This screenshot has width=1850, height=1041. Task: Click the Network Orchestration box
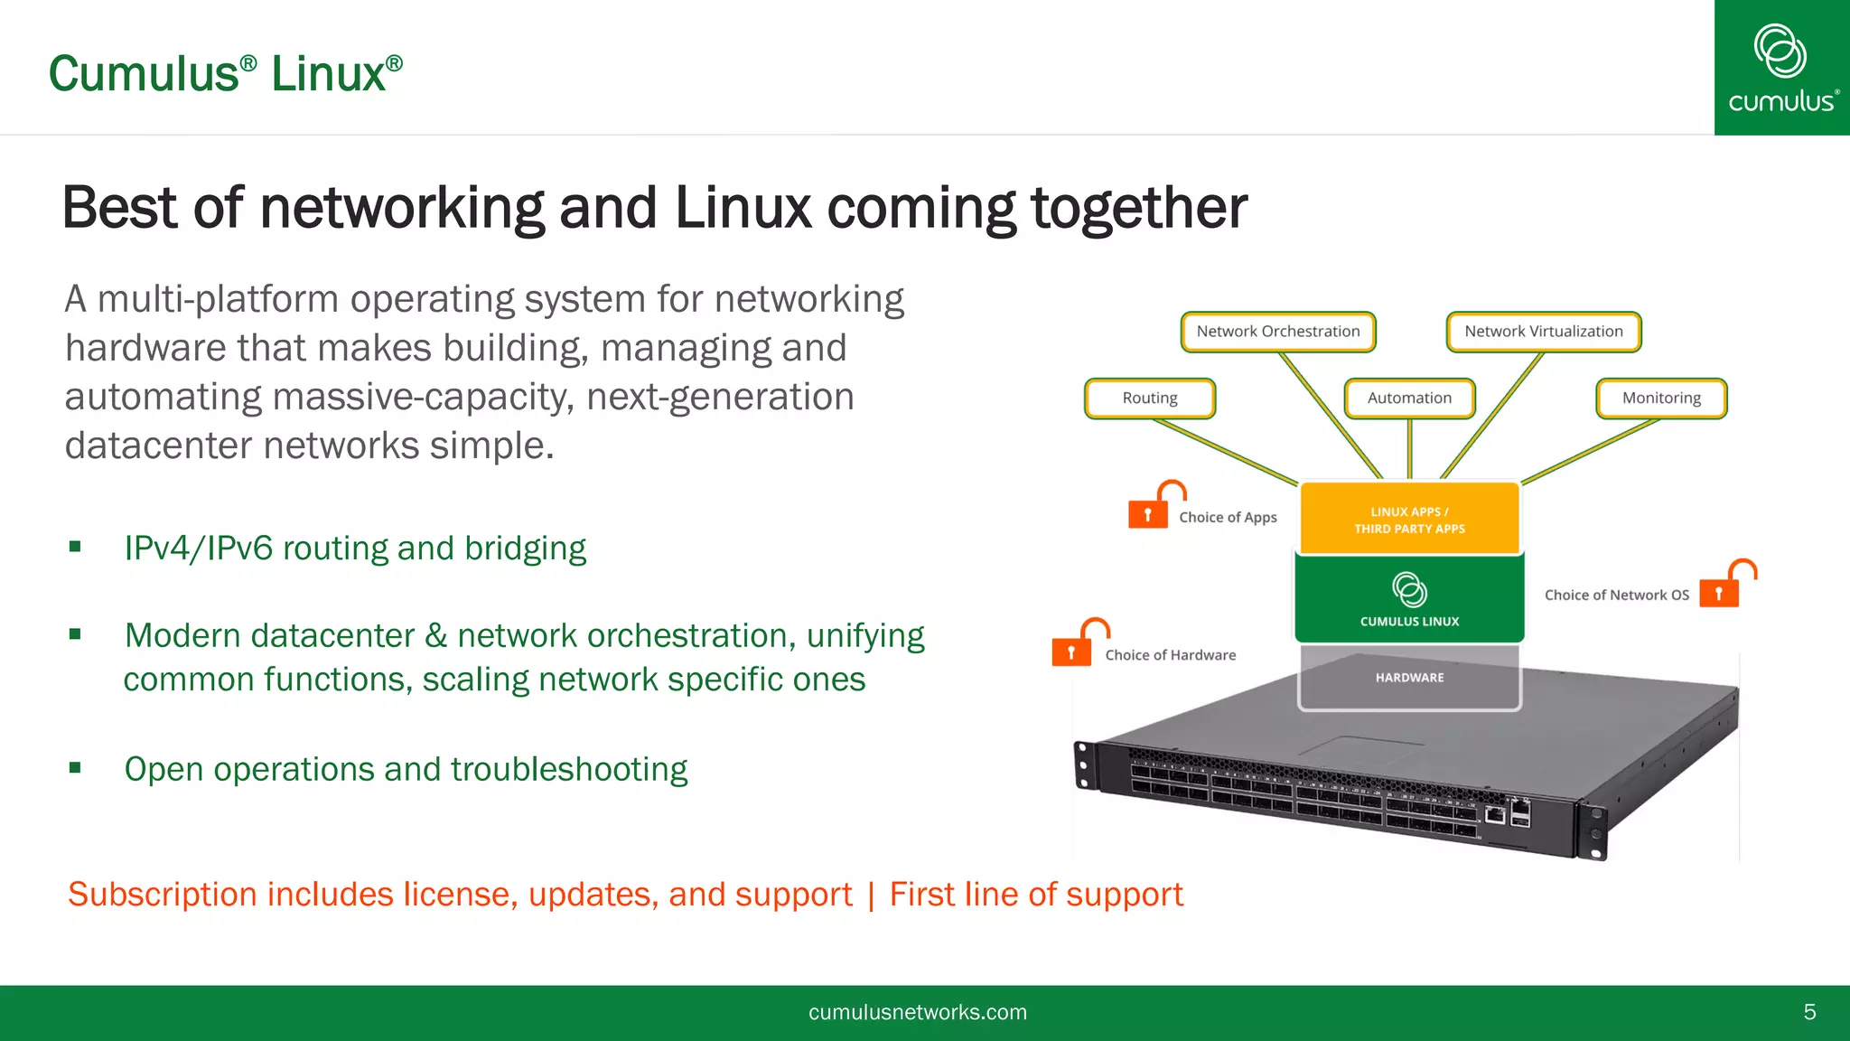pyautogui.click(x=1277, y=332)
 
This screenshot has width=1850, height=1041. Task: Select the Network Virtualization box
pyautogui.click(x=1543, y=332)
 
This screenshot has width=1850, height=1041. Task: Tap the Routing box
pyautogui.click(x=1149, y=399)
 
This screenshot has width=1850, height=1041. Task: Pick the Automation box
pyautogui.click(x=1409, y=399)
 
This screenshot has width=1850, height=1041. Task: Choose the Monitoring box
pyautogui.click(x=1660, y=399)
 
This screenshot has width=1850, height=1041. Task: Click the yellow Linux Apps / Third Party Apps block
pyautogui.click(x=1409, y=519)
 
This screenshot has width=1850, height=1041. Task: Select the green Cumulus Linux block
pyautogui.click(x=1409, y=598)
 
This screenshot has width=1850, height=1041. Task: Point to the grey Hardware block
pyautogui.click(x=1409, y=678)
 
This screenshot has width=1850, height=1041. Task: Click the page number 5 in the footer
pyautogui.click(x=1809, y=1012)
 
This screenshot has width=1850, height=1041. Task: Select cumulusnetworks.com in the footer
pyautogui.click(x=917, y=1012)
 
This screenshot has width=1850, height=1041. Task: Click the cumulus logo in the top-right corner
pyautogui.click(x=1781, y=68)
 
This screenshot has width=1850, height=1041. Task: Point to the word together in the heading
pyautogui.click(x=1138, y=208)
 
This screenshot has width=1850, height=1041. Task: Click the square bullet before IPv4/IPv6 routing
pyautogui.click(x=75, y=547)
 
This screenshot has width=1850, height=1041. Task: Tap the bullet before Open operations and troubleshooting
pyautogui.click(x=75, y=768)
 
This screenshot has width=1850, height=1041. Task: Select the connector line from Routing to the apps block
pyautogui.click(x=1224, y=451)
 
